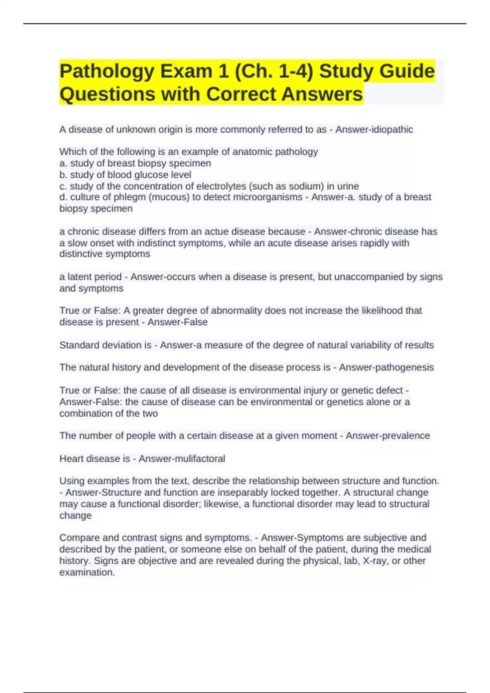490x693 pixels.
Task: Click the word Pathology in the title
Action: (x=107, y=71)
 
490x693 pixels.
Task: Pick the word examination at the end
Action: (x=87, y=572)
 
